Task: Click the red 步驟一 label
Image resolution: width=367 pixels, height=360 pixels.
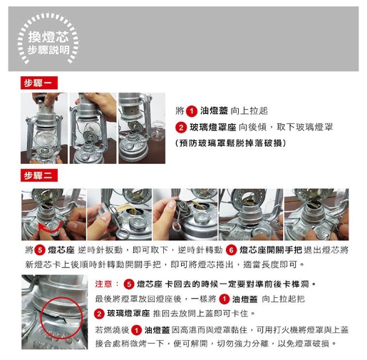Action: pos(39,83)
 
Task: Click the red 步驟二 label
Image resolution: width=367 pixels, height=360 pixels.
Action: pos(39,175)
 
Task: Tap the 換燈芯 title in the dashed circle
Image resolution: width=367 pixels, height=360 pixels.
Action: pos(48,37)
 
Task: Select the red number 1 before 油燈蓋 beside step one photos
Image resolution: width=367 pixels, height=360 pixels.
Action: pos(192,111)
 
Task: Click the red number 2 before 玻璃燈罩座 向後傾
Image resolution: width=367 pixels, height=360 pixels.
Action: pos(181,128)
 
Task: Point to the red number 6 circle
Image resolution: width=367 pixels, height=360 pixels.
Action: pos(231,250)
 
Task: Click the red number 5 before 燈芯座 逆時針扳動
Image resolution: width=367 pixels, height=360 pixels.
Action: pos(40,250)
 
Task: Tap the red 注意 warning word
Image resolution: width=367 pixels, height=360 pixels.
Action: pos(103,284)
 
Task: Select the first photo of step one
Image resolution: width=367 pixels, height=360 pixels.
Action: pos(44,128)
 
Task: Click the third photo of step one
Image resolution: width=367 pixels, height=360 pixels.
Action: pos(142,128)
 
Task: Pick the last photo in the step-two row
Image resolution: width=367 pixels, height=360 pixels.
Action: pos(316,215)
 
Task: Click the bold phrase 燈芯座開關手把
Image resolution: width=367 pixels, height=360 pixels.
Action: pos(271,250)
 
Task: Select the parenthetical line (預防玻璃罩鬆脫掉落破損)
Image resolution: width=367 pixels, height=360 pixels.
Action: pos(230,143)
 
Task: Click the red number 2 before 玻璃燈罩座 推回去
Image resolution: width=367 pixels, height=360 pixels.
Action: pos(99,314)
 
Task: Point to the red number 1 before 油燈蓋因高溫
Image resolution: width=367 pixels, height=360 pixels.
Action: pos(136,330)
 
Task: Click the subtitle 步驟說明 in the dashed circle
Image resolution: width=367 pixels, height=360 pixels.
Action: pos(48,50)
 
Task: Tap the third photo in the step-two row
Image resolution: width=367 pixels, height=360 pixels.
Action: pos(185,215)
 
